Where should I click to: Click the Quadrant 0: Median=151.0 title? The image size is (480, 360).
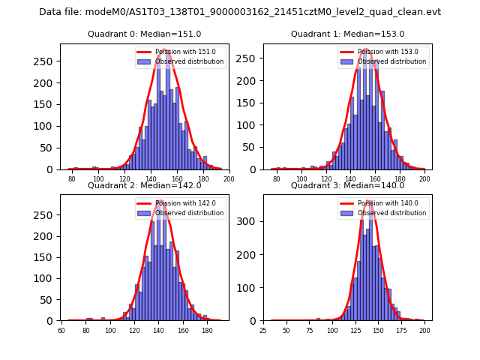pyautogui.click(x=145, y=34)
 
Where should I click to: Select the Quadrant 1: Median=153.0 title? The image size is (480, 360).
pyautogui.click(x=347, y=34)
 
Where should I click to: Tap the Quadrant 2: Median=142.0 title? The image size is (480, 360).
pyautogui.click(x=145, y=186)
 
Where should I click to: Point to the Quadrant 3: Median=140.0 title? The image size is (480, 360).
pyautogui.click(x=347, y=186)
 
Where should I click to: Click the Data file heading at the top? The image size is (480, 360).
pyautogui.click(x=240, y=12)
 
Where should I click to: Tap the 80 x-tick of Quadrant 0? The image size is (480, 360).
pyautogui.click(x=72, y=179)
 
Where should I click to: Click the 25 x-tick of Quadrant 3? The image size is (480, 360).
pyautogui.click(x=263, y=331)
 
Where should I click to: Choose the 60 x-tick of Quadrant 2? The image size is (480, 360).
pyautogui.click(x=61, y=331)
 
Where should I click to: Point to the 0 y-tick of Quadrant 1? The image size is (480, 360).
pyautogui.click(x=255, y=169)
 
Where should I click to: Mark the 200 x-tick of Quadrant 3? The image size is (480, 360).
pyautogui.click(x=424, y=331)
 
